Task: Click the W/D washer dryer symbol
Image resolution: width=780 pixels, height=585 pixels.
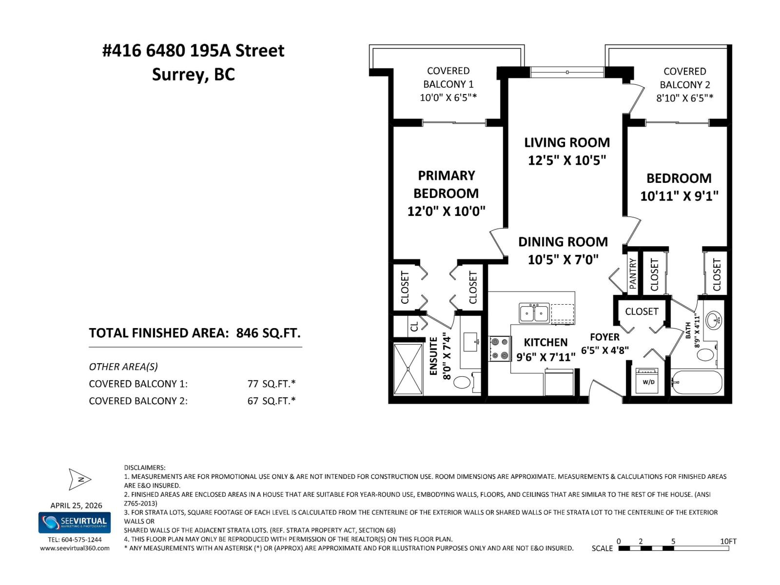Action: coord(648,381)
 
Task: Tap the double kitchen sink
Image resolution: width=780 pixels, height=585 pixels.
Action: coord(534,313)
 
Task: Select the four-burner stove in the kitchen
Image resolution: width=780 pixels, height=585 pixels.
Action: coord(499,349)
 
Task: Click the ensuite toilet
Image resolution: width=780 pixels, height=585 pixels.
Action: coord(462,382)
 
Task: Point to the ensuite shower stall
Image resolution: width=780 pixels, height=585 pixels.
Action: coord(408,369)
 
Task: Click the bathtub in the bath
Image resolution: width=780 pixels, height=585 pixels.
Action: coord(697,383)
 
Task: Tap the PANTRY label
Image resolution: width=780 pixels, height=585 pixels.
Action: coord(633,273)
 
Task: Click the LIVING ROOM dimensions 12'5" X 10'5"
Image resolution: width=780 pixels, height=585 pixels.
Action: coord(566,160)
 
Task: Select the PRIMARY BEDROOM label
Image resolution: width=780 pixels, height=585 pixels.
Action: coord(446,184)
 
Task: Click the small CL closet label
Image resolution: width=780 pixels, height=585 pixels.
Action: coord(414,326)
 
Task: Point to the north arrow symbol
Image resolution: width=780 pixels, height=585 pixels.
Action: coord(80,479)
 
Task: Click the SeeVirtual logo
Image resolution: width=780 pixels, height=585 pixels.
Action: coord(75,523)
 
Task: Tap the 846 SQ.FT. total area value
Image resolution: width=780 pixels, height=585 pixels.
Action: coord(268,333)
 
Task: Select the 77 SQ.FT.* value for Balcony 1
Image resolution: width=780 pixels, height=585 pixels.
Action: coord(271,384)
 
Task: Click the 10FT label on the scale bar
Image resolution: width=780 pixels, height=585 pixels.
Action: coord(728,541)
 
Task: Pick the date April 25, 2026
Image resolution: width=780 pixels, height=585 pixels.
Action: coord(76,506)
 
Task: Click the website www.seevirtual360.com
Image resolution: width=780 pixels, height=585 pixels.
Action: coord(75,548)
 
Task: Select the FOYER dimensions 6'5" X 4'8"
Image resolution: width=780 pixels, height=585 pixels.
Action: coord(604,350)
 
